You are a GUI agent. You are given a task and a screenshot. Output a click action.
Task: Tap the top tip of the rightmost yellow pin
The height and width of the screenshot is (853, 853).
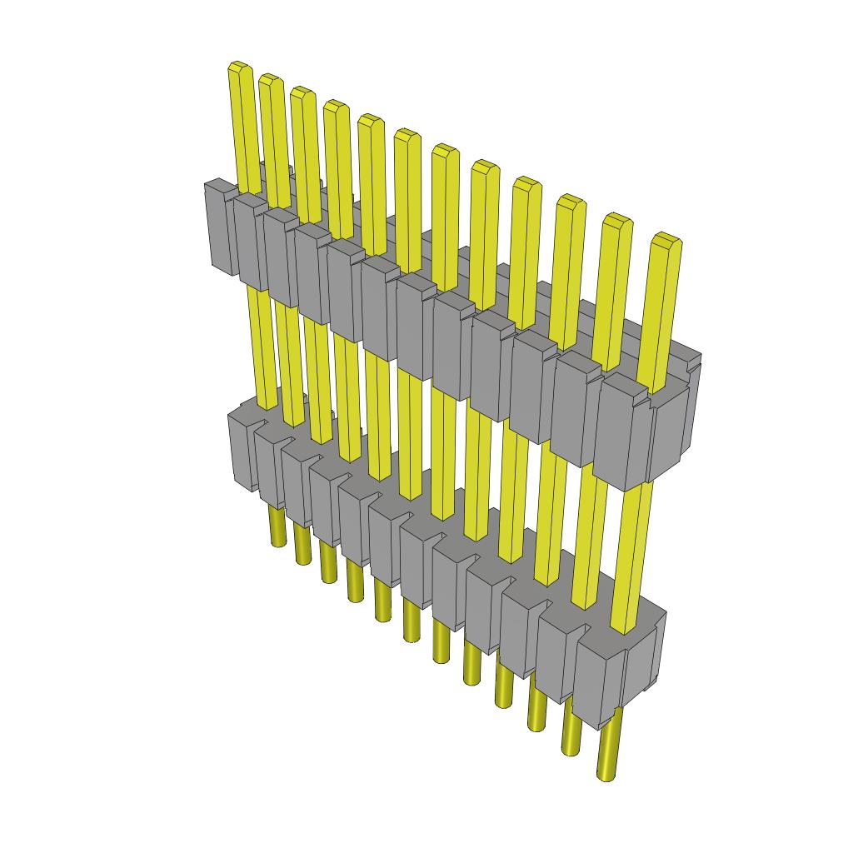tap(666, 239)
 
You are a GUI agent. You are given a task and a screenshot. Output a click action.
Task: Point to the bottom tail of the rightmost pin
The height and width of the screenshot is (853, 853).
tap(608, 771)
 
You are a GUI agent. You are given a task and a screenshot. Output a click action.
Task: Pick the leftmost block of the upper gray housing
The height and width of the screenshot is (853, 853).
tap(219, 227)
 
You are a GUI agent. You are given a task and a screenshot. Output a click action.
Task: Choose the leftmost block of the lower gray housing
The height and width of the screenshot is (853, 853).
tap(242, 450)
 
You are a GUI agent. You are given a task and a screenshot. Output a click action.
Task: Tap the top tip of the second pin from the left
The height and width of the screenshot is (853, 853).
tap(269, 78)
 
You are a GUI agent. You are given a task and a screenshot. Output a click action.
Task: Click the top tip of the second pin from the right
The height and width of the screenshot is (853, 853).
tap(616, 219)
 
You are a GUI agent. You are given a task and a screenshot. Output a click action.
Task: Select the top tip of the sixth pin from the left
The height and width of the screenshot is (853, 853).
tap(407, 134)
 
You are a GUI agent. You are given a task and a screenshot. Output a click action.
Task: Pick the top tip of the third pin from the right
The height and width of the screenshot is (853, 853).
tap(571, 200)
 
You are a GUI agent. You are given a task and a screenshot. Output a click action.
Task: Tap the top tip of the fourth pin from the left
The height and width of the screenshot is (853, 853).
tap(335, 106)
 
